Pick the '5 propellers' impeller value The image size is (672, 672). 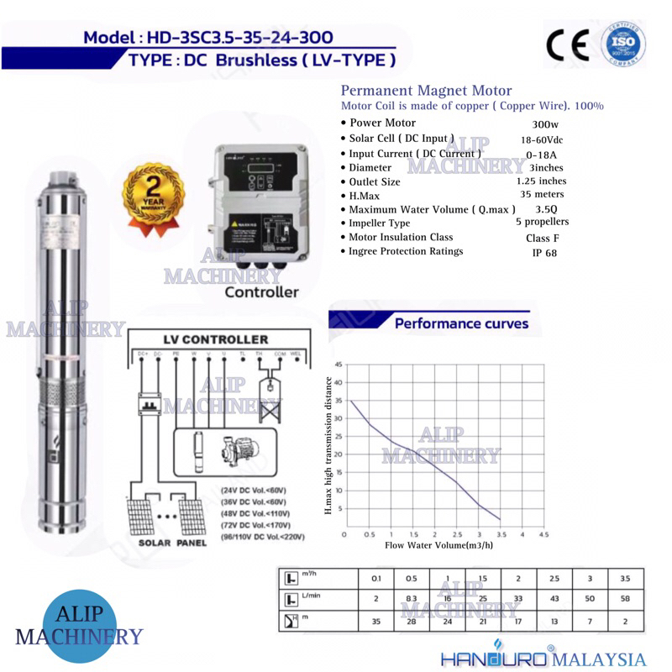(x=542, y=222)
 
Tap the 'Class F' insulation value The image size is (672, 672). (x=531, y=238)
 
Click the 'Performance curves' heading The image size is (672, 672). (x=461, y=323)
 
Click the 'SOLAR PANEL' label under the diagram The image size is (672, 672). (x=167, y=543)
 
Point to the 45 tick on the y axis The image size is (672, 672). (x=339, y=365)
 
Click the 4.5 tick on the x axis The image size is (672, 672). (x=543, y=534)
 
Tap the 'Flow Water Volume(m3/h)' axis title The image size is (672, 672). (x=438, y=545)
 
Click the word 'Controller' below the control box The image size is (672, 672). (x=261, y=292)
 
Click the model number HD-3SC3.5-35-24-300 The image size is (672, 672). (x=238, y=38)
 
